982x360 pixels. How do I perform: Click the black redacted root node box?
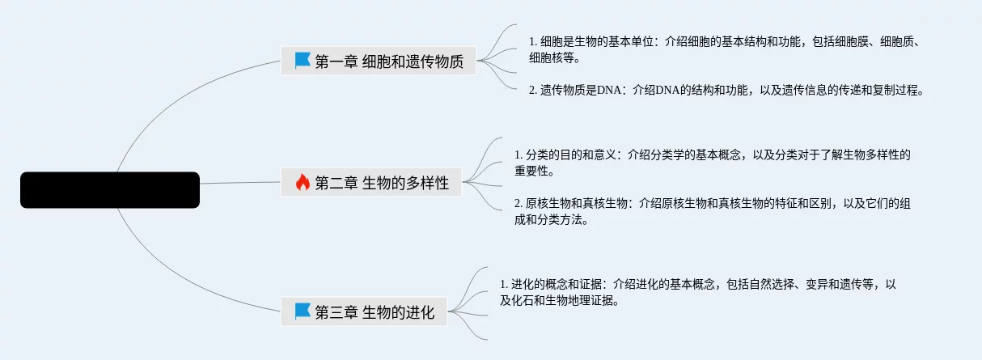coord(109,190)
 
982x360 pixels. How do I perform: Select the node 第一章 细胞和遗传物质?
coord(379,61)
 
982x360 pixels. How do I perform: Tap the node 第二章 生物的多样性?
coord(371,183)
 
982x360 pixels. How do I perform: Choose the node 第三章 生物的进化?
coord(364,311)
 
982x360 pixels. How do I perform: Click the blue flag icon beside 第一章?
coord(303,61)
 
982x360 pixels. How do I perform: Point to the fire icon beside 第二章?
coord(303,183)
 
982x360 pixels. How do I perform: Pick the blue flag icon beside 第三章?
coord(303,311)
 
